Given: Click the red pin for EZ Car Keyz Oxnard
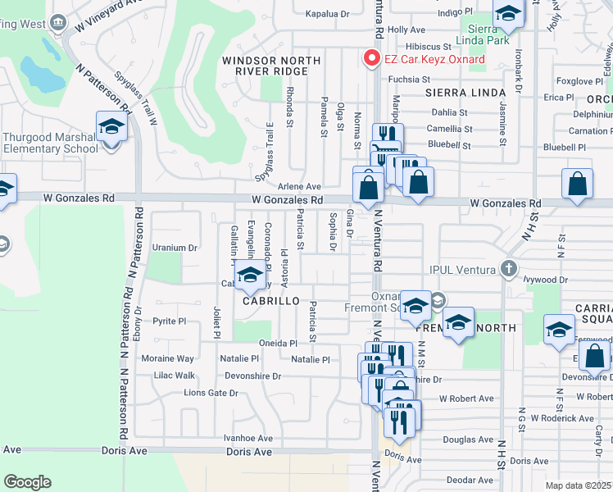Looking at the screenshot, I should pyautogui.click(x=371, y=58).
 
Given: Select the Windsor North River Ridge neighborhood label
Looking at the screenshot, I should pyautogui.click(x=266, y=66).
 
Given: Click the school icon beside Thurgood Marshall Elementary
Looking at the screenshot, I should pyautogui.click(x=111, y=128).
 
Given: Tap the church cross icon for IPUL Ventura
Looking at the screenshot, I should pyautogui.click(x=509, y=269).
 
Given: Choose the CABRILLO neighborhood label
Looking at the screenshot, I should pyautogui.click(x=264, y=301).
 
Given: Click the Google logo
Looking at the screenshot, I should pyautogui.click(x=27, y=482).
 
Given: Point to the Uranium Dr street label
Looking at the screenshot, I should pyautogui.click(x=175, y=247).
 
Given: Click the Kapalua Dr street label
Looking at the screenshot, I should pyautogui.click(x=327, y=14).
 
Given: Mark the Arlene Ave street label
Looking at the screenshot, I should pyautogui.click(x=298, y=186).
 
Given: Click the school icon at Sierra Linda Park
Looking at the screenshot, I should pyautogui.click(x=508, y=14).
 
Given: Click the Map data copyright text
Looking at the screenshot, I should pyautogui.click(x=579, y=485).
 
